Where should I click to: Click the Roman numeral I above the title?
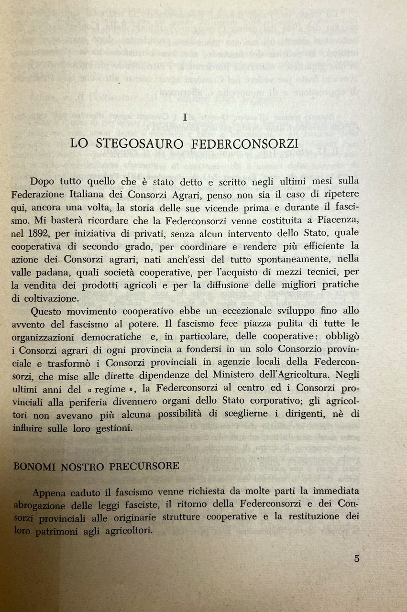(184, 116)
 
